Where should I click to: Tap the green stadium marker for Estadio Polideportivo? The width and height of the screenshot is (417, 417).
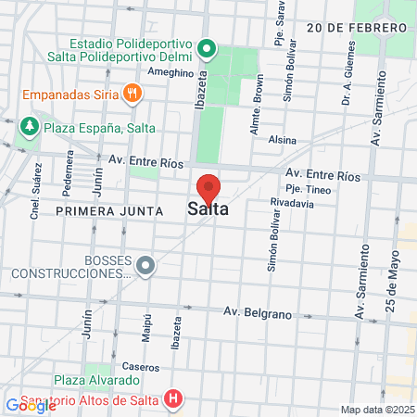tap(208, 47)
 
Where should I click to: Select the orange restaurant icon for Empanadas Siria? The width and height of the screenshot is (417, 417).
tap(133, 93)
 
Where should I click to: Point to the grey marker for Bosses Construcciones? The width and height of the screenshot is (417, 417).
tap(145, 266)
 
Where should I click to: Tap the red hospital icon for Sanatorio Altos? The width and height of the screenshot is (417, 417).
tap(172, 400)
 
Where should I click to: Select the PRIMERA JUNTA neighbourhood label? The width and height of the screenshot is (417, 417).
tap(109, 211)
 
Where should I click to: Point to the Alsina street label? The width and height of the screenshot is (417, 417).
tap(281, 140)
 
